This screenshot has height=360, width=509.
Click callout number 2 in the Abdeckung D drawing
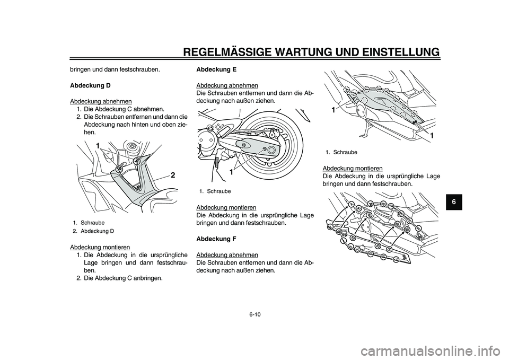tap(173, 175)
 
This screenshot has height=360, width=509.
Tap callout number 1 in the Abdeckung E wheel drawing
tap(232, 172)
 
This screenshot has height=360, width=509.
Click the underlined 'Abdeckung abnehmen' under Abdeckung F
tap(227, 255)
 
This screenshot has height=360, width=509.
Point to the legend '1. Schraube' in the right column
tap(341, 152)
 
